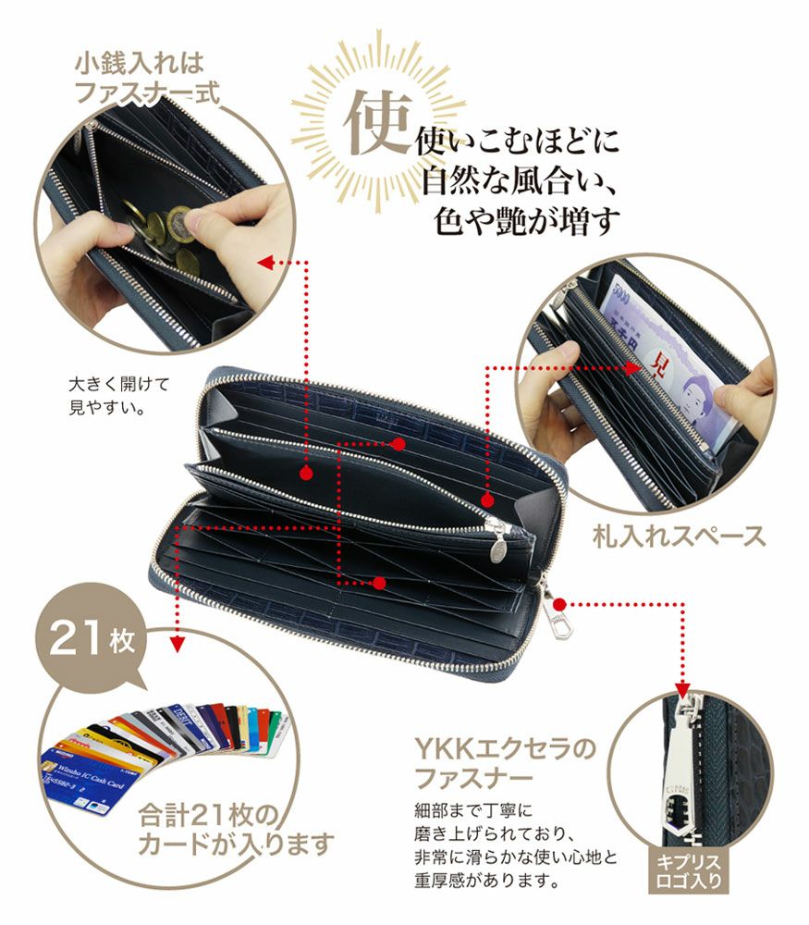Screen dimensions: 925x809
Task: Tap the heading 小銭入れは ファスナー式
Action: click(140, 78)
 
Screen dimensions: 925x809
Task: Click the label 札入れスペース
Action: click(679, 535)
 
